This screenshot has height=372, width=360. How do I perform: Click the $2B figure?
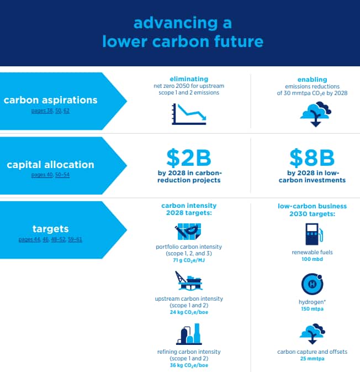point(189,158)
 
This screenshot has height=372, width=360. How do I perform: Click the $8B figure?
point(312,158)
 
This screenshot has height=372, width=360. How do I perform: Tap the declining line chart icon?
point(189,114)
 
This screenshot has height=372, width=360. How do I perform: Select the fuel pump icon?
point(314,234)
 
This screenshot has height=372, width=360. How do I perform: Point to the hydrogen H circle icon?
point(312,284)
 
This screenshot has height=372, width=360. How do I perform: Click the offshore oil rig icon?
point(189,280)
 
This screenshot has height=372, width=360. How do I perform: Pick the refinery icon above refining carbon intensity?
point(189,334)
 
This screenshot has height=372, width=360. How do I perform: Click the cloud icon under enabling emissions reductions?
point(315,114)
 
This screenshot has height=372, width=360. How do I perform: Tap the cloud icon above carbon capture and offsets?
point(313,333)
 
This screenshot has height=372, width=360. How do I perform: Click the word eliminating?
point(189,79)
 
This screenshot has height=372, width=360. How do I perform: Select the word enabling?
point(312,80)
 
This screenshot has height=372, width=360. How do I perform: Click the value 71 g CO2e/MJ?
point(189,260)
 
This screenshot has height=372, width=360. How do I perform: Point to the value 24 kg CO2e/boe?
point(189,312)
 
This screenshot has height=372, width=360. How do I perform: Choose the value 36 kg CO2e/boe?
point(189,365)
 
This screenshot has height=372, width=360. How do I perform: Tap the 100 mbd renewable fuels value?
point(312,259)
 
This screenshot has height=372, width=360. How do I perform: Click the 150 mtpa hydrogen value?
point(312,309)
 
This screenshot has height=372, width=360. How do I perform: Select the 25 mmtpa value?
point(312,359)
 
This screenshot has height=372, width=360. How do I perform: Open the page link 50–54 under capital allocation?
point(62,175)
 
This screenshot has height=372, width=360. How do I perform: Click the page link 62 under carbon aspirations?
point(67,111)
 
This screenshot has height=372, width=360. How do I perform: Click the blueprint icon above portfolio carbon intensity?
point(188,231)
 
